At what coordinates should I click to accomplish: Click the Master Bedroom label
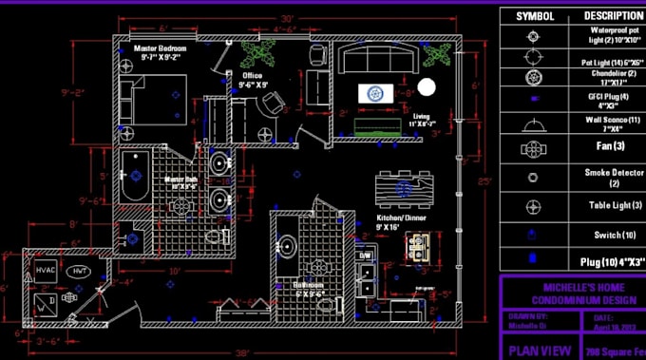(x=161, y=50)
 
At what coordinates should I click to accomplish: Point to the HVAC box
(x=47, y=271)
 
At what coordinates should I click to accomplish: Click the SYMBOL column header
(x=534, y=16)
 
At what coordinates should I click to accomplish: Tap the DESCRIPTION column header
(x=613, y=16)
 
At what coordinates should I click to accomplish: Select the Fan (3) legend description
(x=611, y=146)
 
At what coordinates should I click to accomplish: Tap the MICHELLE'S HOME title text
(x=572, y=286)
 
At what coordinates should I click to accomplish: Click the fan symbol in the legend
(x=534, y=147)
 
